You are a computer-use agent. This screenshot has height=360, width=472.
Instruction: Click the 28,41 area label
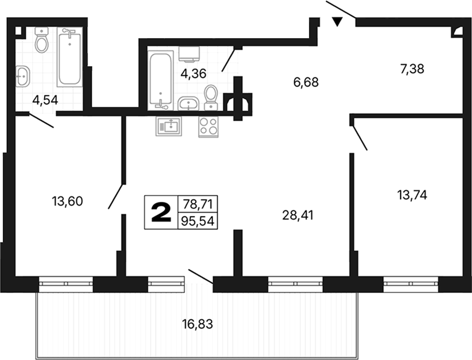click(298, 215)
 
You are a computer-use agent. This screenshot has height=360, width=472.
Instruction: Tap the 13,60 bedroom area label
click(68, 201)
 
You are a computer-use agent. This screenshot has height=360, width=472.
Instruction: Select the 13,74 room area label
click(412, 195)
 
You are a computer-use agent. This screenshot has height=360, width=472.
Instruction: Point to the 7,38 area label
click(412, 69)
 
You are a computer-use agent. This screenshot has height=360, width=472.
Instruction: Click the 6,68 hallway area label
click(306, 82)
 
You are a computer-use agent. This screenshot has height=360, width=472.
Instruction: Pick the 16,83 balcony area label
click(198, 324)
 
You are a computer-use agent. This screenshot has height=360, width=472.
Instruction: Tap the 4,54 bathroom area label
click(45, 100)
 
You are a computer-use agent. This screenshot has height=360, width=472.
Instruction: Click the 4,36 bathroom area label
click(194, 73)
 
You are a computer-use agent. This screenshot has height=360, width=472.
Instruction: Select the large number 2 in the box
click(161, 212)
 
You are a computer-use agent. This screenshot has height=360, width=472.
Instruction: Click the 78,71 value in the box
click(198, 205)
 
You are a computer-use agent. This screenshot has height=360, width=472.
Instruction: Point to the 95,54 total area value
click(198, 221)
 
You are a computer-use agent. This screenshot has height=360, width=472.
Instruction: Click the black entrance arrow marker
click(337, 22)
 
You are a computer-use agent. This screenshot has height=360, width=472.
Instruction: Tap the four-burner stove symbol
click(208, 126)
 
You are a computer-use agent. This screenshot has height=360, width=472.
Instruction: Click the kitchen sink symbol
click(169, 126)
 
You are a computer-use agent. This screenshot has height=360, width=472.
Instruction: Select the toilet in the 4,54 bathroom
click(42, 40)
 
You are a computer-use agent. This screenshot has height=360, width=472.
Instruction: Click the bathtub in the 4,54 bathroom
click(70, 57)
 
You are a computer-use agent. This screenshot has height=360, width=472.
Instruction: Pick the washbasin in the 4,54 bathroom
click(23, 76)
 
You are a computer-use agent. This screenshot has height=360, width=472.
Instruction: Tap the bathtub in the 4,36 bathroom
click(161, 80)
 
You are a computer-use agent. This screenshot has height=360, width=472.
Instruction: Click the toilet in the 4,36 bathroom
click(211, 98)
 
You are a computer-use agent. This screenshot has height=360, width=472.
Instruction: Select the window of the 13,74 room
click(411, 284)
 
